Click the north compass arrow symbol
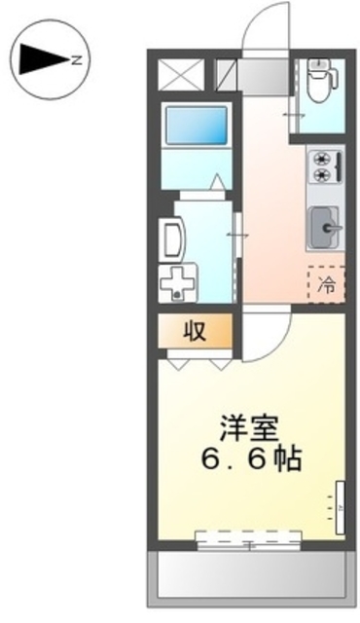39,60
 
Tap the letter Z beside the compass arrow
75,60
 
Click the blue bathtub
196,124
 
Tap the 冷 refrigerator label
327,285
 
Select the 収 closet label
195,331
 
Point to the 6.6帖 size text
251,458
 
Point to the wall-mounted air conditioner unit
340,506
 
